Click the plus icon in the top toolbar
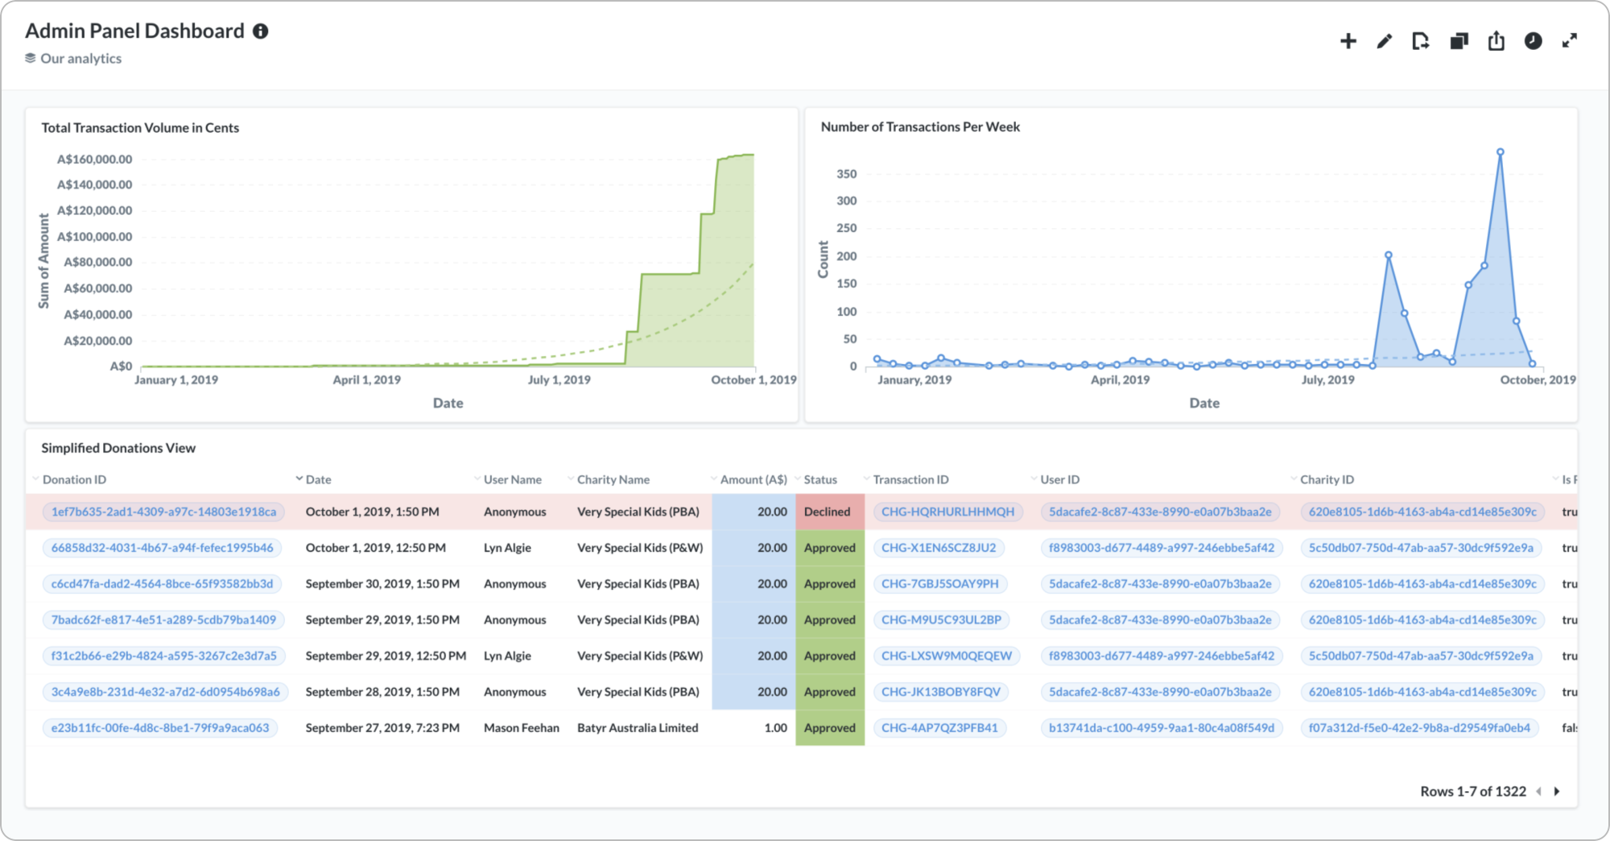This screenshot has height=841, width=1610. [x=1348, y=41]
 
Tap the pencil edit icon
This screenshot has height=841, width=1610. [x=1385, y=41]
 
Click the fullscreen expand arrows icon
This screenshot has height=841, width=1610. [x=1570, y=41]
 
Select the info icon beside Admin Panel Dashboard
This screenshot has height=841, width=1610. [x=261, y=31]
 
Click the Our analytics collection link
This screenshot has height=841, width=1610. [x=81, y=58]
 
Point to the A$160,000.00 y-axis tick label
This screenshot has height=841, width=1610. [x=95, y=159]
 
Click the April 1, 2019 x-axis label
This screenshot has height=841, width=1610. [x=367, y=379]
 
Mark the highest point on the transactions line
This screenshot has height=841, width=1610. [x=1500, y=151]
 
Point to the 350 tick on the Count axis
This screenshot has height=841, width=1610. [x=847, y=174]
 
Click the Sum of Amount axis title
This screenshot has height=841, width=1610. [x=43, y=261]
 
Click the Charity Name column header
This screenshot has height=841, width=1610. [x=613, y=479]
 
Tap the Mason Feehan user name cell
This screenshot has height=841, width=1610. [x=522, y=727]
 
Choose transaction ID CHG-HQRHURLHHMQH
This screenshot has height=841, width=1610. [x=948, y=512]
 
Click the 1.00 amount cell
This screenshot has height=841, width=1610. [x=776, y=727]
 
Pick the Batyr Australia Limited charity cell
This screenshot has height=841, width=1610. [x=638, y=727]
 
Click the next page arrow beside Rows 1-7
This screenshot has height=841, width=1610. [x=1557, y=791]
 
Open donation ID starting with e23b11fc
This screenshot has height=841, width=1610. [x=160, y=727]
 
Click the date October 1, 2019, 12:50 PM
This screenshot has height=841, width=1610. [x=376, y=548]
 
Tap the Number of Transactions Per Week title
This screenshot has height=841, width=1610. [x=920, y=126]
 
